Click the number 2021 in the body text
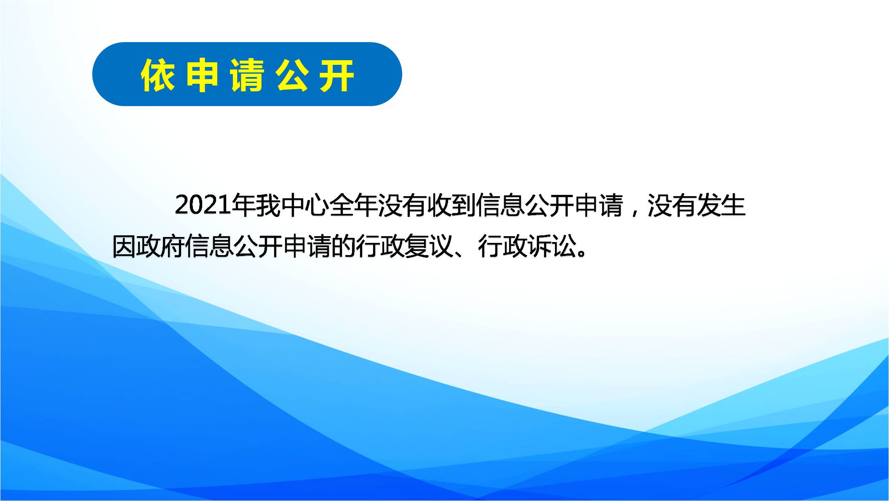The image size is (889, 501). (203, 205)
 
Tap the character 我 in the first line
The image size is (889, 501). (268, 205)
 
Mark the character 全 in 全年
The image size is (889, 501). (341, 205)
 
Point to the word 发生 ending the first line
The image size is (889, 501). (721, 205)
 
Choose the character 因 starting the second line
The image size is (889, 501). (124, 246)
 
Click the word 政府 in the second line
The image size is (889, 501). (160, 246)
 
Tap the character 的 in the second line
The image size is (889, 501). (344, 246)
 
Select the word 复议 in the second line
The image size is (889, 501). (429, 246)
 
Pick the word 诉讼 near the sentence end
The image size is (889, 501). (552, 246)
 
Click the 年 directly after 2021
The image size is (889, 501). (243, 205)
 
